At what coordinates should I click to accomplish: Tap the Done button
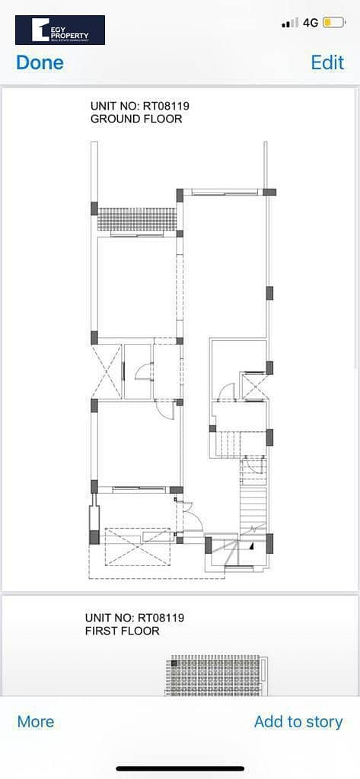click(40, 62)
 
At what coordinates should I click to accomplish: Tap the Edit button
click(327, 62)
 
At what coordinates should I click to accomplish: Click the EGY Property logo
click(59, 30)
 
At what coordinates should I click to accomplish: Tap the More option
click(36, 721)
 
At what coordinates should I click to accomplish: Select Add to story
click(298, 721)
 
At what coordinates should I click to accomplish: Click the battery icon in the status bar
click(333, 22)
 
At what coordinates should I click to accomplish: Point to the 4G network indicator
click(311, 22)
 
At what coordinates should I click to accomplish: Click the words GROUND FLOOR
click(136, 119)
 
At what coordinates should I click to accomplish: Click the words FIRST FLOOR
click(123, 631)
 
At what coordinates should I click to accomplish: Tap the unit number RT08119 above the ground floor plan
click(167, 106)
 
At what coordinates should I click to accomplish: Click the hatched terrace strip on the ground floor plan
click(137, 219)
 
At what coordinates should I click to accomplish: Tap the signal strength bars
click(290, 22)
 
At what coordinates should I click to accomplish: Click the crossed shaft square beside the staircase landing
click(253, 386)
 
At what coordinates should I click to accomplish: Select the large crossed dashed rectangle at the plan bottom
click(138, 546)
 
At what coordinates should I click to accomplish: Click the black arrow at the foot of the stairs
click(252, 545)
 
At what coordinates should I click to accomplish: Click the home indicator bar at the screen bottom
click(180, 768)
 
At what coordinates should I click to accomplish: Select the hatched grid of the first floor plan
click(215, 676)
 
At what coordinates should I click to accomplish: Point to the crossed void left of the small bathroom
click(107, 371)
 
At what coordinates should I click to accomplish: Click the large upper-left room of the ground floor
click(137, 287)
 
